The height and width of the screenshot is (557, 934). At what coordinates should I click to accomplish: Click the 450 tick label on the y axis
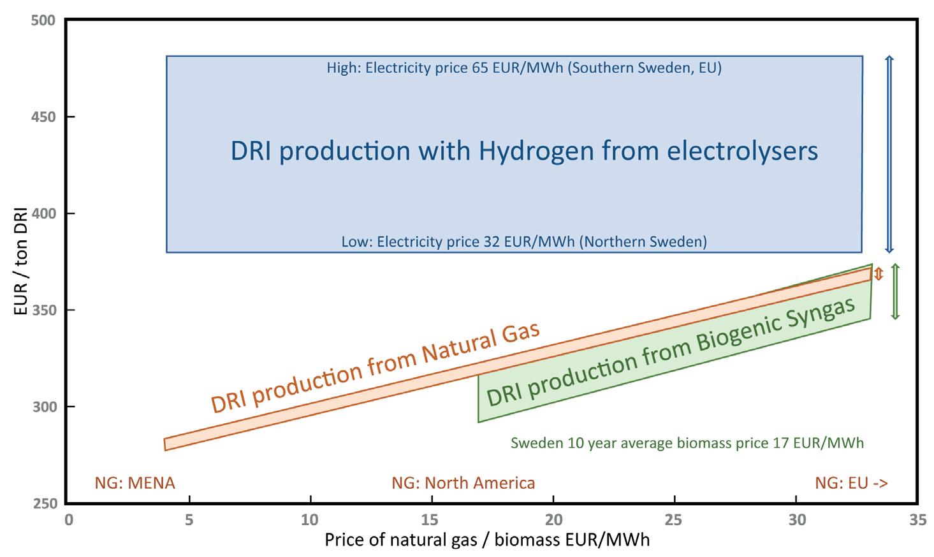click(x=43, y=117)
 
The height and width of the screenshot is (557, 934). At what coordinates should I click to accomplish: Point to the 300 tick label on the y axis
click(x=44, y=407)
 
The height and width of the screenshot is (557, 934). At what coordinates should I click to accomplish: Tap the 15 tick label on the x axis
click(x=430, y=520)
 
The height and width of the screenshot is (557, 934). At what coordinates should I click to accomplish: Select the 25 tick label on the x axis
click(x=673, y=520)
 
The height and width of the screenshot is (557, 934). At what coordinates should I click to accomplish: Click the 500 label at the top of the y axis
click(x=43, y=20)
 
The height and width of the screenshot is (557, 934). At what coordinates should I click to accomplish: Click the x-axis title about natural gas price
click(x=487, y=540)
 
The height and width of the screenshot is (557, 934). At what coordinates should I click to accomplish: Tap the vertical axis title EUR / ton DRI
click(x=20, y=261)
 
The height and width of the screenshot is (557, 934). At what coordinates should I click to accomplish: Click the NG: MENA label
click(x=135, y=483)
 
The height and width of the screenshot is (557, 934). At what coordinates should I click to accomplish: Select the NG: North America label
click(x=463, y=483)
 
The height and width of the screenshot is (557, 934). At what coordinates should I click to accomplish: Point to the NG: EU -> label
click(x=852, y=483)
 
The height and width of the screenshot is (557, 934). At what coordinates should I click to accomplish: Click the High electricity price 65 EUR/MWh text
click(x=523, y=68)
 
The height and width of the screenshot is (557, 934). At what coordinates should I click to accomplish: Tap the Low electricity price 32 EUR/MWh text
click(x=524, y=242)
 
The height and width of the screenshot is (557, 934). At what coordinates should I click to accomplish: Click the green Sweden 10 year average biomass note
click(x=687, y=443)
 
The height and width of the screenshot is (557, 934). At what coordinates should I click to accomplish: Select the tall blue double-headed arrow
click(x=889, y=154)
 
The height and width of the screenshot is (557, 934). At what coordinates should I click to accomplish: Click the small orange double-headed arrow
click(x=879, y=273)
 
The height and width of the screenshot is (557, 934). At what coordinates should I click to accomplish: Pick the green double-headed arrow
click(x=895, y=291)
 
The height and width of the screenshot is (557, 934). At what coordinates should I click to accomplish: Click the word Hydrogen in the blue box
click(x=536, y=151)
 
